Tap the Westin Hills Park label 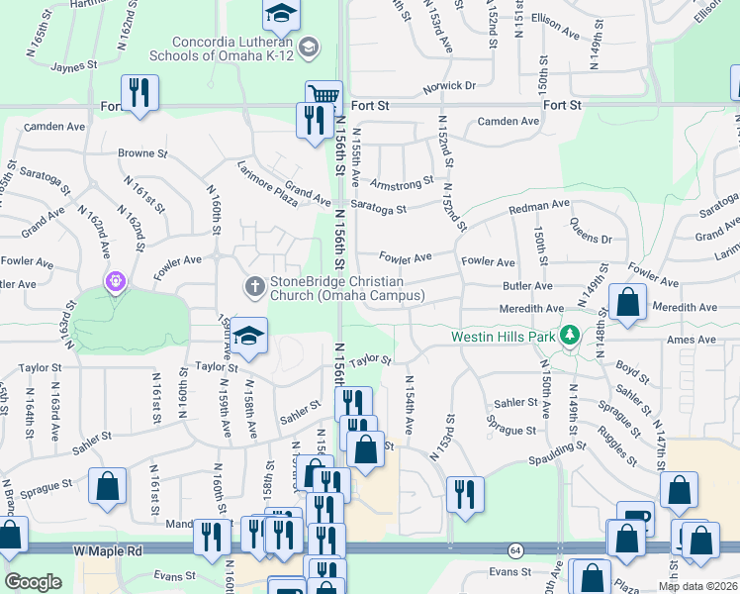pos(504,336)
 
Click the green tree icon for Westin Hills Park pos(570,336)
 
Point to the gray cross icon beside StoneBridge pos(254,286)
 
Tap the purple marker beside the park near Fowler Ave pos(116,283)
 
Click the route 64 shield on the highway pos(515,548)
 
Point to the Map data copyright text pos(697,586)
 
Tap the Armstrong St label pos(402,183)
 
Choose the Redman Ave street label pos(539,205)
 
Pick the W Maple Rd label pos(108,549)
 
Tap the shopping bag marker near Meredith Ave pos(627,302)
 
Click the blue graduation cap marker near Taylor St pos(250,335)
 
